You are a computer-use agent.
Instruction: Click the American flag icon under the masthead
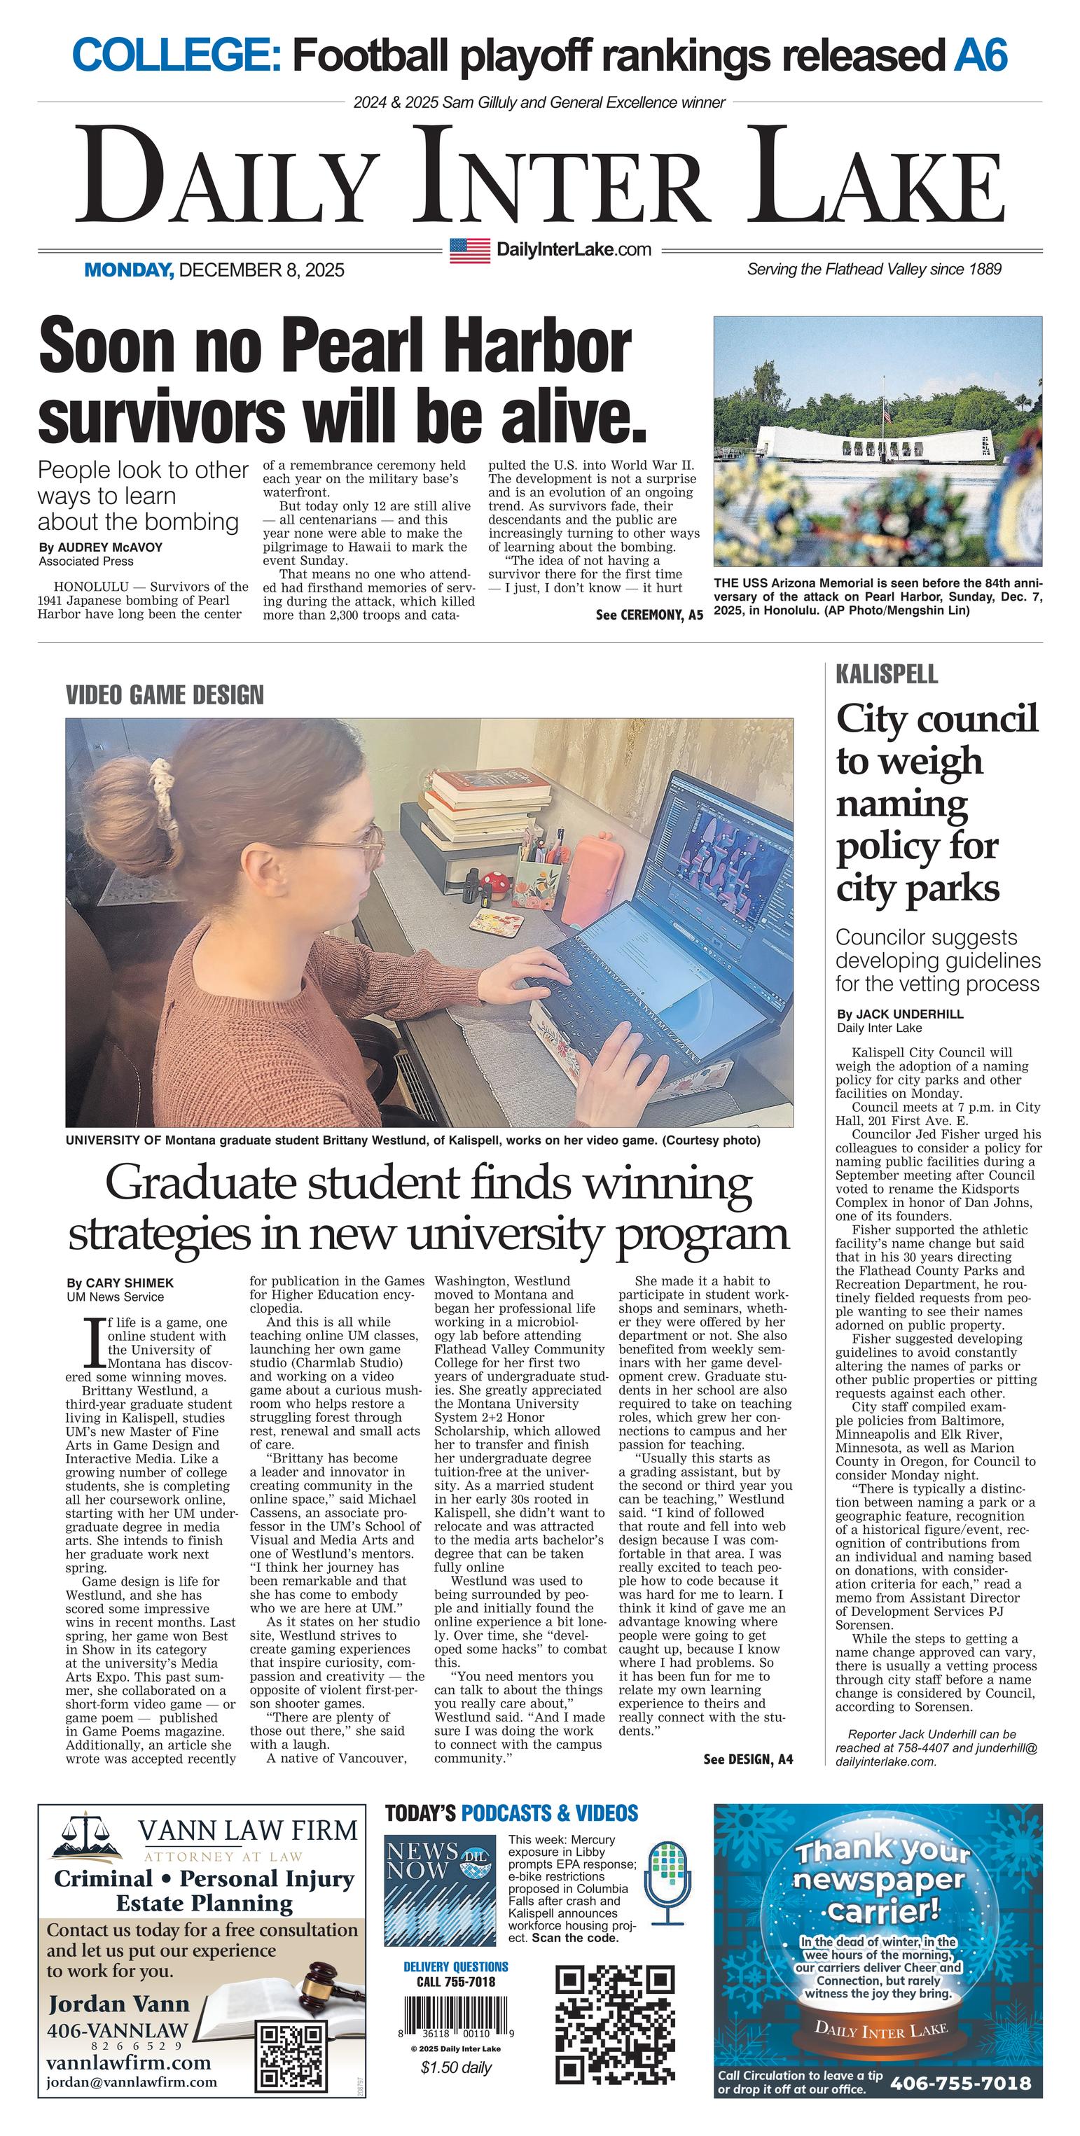coord(469,250)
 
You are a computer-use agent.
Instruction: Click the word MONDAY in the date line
coord(129,270)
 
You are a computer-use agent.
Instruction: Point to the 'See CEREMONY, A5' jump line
coord(649,615)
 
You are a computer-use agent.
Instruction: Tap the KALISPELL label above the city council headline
coord(887,674)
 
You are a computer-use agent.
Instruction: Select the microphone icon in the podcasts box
coord(667,1883)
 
